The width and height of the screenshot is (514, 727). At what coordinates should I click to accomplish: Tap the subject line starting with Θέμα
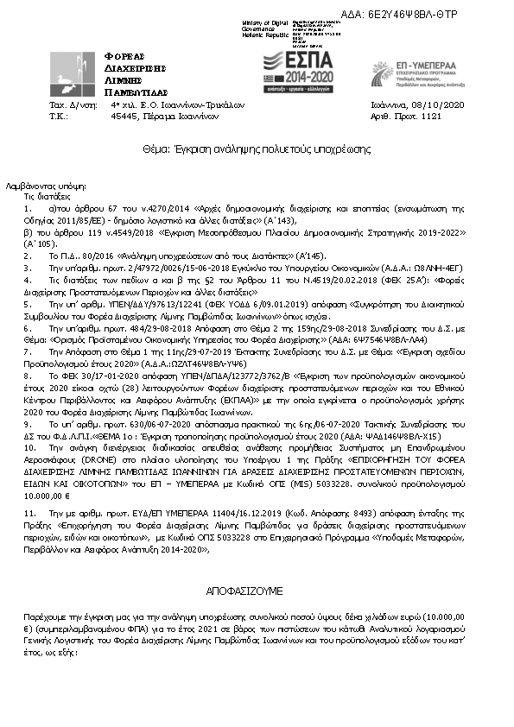point(257,149)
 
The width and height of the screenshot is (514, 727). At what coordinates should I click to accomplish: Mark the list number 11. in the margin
point(29,489)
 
